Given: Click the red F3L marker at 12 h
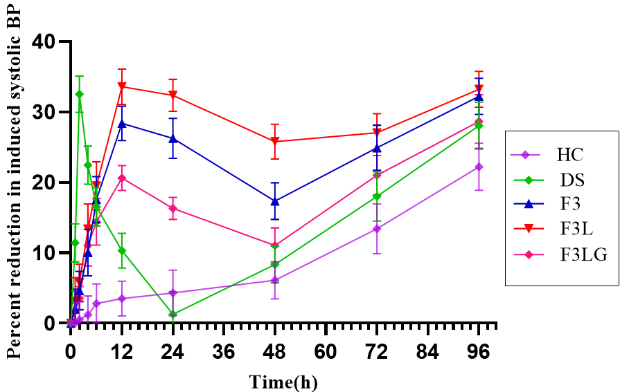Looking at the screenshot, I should [122, 86].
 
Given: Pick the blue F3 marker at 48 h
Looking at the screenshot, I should [275, 201].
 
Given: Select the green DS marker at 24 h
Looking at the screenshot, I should [172, 315].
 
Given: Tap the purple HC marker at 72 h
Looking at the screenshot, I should [377, 229].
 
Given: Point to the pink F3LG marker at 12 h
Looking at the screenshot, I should [122, 178].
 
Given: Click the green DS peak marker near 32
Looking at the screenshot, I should [79, 94].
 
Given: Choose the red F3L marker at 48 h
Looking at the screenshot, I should [275, 142].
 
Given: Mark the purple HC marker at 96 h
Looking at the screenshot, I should [479, 167].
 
